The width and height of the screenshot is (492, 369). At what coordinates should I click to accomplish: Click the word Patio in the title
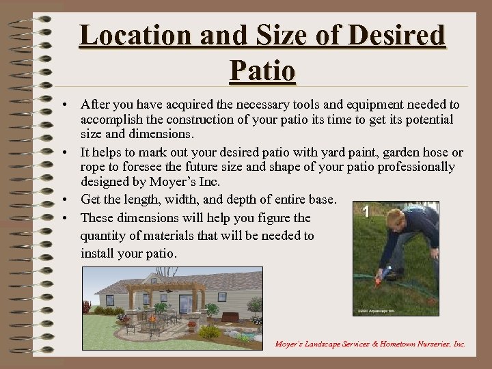click(263, 70)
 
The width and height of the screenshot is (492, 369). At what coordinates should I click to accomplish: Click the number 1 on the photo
click(367, 213)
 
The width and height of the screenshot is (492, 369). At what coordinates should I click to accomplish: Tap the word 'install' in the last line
click(97, 253)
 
